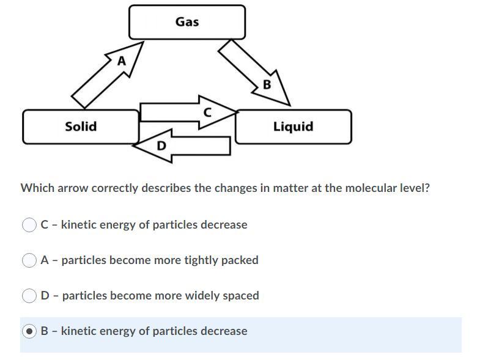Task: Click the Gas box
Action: click(187, 22)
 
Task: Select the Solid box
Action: click(81, 127)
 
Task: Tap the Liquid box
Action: click(293, 127)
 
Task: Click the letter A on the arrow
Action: click(122, 61)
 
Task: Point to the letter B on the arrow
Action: click(267, 84)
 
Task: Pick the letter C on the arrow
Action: click(207, 112)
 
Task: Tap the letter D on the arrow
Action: click(161, 145)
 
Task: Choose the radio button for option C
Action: click(29, 225)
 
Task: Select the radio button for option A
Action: click(29, 260)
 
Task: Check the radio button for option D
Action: click(29, 296)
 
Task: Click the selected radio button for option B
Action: click(29, 331)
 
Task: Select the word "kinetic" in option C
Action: click(79, 225)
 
